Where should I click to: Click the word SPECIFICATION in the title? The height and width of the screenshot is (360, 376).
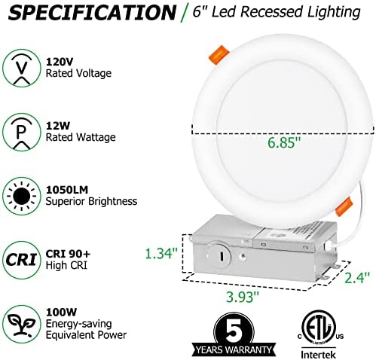tap(92, 12)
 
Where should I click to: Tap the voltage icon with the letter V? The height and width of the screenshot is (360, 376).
tap(22, 68)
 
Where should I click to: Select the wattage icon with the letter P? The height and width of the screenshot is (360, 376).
tap(22, 132)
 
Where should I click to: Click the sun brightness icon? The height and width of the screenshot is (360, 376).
tap(22, 196)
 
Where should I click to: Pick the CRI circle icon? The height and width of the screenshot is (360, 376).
tap(22, 260)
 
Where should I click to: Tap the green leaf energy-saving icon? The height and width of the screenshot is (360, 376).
tap(22, 324)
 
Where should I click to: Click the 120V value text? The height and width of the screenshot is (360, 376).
tap(60, 62)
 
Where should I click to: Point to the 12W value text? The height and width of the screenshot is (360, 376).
tap(58, 126)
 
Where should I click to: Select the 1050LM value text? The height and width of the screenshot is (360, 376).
tap(67, 190)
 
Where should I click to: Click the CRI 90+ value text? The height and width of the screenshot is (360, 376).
tap(68, 254)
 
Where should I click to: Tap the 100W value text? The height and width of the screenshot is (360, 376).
tap(61, 313)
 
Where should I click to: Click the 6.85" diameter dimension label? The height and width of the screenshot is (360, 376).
tap(284, 142)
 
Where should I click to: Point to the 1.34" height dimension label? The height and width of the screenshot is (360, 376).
tap(162, 253)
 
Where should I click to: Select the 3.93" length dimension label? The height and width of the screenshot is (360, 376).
tap(243, 297)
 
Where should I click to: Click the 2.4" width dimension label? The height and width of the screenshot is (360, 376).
tap(357, 277)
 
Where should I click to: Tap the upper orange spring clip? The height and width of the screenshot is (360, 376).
tap(219, 55)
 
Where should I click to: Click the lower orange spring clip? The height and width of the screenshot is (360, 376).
tap(344, 206)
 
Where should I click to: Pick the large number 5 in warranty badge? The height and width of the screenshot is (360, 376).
tap(234, 330)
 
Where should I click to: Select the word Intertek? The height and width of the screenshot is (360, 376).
tap(318, 355)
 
